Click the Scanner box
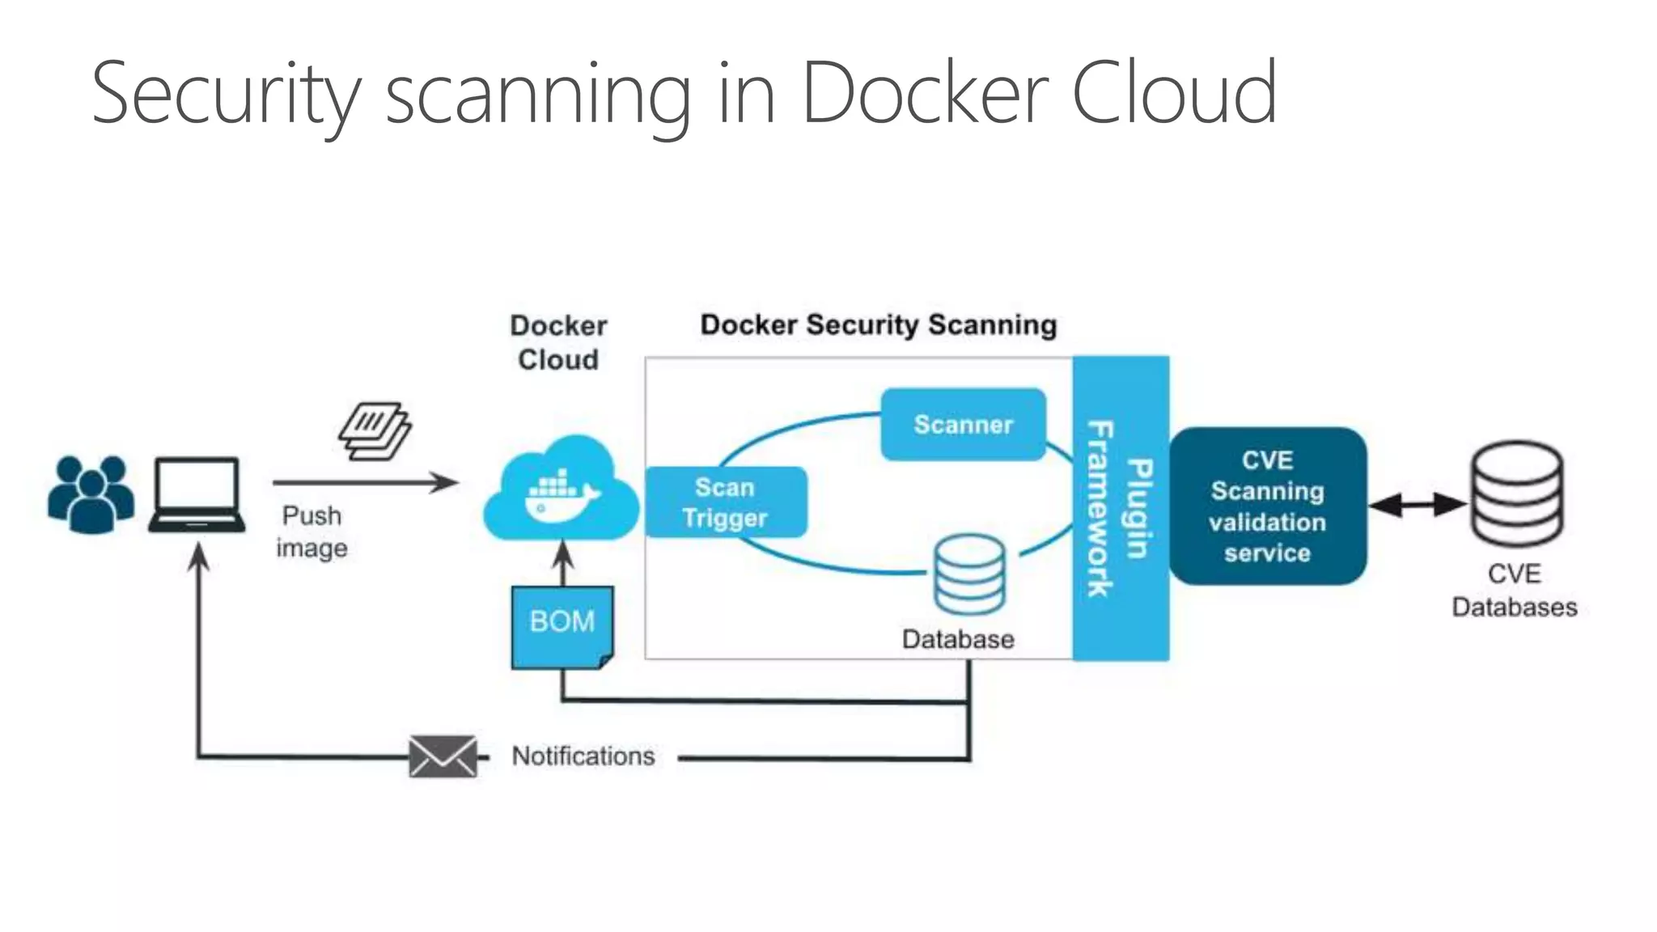pyautogui.click(x=963, y=425)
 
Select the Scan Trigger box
pyautogui.click(x=726, y=502)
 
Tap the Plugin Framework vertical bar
pyautogui.click(x=1121, y=508)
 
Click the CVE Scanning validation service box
pyautogui.click(x=1267, y=506)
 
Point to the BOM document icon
pyautogui.click(x=562, y=625)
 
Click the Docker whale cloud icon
pyautogui.click(x=561, y=489)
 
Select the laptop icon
pyautogui.click(x=197, y=494)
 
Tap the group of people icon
pyautogui.click(x=91, y=494)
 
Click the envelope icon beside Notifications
pyautogui.click(x=443, y=756)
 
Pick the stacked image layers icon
pyautogui.click(x=375, y=430)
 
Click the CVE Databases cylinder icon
pyautogui.click(x=1516, y=494)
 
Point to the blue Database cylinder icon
pyautogui.click(x=968, y=574)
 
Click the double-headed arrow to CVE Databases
pyautogui.click(x=1418, y=505)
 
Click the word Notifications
pyautogui.click(x=583, y=756)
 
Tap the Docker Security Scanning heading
pyautogui.click(x=878, y=325)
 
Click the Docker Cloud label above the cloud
pyautogui.click(x=558, y=342)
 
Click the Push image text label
pyautogui.click(x=311, y=532)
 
